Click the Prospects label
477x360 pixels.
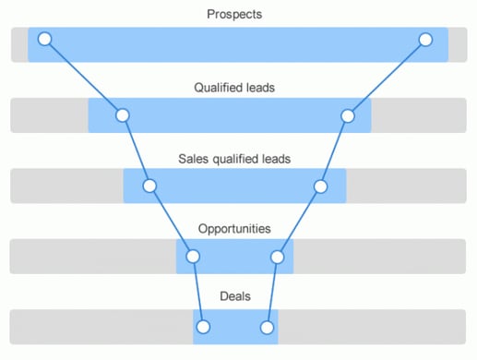[x=234, y=14]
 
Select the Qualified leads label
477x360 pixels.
[x=234, y=88]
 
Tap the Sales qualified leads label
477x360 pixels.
[x=234, y=159]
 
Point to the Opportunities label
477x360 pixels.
[x=234, y=228]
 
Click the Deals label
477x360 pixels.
[x=234, y=296]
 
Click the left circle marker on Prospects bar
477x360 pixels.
[x=44, y=40]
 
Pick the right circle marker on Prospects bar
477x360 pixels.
[x=425, y=40]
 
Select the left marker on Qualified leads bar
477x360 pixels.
[x=122, y=115]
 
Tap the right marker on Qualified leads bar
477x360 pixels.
[x=348, y=115]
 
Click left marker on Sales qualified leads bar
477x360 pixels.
[x=149, y=186]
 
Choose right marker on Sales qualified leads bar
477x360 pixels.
[x=320, y=186]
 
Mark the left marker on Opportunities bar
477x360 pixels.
[x=193, y=256]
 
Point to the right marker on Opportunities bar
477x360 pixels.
[x=277, y=256]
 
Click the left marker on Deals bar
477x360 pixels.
[x=204, y=327]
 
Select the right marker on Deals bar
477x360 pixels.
[x=267, y=327]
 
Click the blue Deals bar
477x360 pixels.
[x=235, y=327]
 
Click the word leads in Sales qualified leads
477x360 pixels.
[x=274, y=159]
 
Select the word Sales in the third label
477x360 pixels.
[x=192, y=159]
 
